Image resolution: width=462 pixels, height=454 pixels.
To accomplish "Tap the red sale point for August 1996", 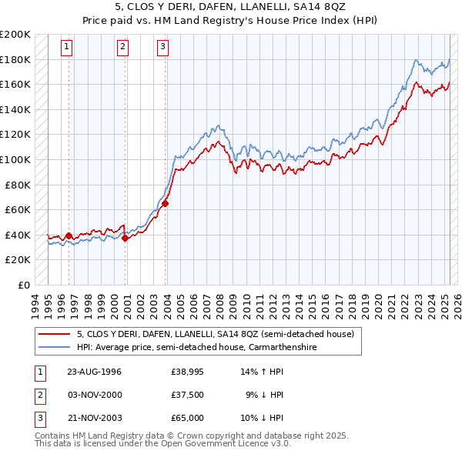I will pyautogui.click(x=69, y=235).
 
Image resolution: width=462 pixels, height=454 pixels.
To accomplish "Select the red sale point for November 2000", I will pyautogui.click(x=125, y=238).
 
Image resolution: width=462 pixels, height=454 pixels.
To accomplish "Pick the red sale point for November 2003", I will pyautogui.click(x=165, y=203).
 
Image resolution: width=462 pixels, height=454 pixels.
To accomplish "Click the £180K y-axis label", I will pyautogui.click(x=15, y=59).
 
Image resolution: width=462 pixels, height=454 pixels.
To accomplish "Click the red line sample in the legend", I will pyautogui.click(x=54, y=334).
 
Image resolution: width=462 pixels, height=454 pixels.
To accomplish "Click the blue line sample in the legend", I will pyautogui.click(x=54, y=347).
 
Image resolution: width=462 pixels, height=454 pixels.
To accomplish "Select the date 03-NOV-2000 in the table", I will pyautogui.click(x=95, y=395).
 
